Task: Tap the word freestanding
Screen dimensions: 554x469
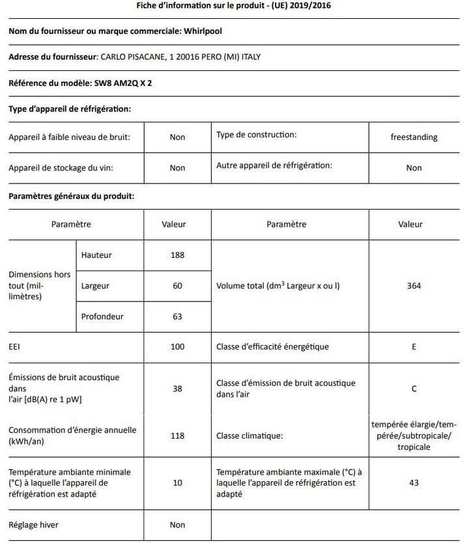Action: coord(414,137)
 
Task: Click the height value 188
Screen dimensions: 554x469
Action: coord(177,255)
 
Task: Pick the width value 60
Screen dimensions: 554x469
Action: coord(177,286)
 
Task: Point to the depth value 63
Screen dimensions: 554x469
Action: coord(177,317)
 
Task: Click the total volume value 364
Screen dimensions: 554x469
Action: coord(414,286)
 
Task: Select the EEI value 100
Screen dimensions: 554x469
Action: coord(177,347)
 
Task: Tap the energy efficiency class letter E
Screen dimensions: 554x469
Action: coord(414,347)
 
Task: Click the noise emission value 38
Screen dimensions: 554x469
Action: coord(177,389)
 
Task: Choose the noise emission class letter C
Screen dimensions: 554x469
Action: coord(414,389)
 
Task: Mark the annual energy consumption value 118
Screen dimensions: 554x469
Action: coord(177,436)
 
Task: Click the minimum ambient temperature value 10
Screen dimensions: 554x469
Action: coord(177,482)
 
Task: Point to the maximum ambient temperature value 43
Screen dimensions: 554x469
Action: coord(414,482)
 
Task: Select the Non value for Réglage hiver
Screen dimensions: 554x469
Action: coord(177,525)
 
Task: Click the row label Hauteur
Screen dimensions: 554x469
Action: coord(96,255)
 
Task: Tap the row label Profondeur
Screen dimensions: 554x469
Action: coord(102,317)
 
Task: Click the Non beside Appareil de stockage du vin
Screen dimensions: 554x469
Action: coord(177,168)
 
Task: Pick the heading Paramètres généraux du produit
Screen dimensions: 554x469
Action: coord(72,196)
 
